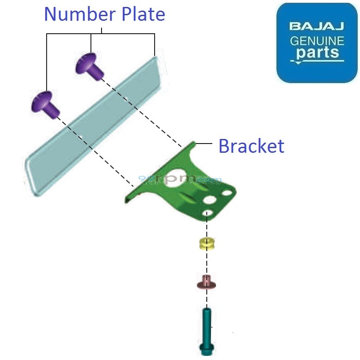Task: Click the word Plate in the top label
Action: pos(143,14)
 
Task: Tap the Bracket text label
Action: pos(251,146)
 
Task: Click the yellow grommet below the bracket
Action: pos(207,243)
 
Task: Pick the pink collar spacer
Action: pos(207,282)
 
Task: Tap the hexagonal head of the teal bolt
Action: pos(206,348)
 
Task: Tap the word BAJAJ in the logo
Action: pos(317,26)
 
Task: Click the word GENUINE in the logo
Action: pos(317,41)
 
